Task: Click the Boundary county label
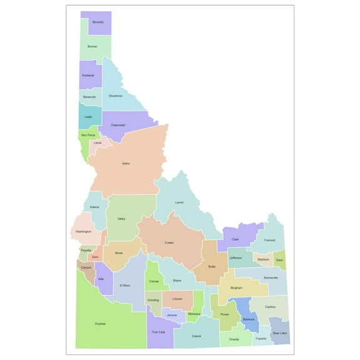[x=97, y=22]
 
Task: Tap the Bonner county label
[x=92, y=46]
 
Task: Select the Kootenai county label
[x=88, y=76]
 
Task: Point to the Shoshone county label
[x=116, y=96]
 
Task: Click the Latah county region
[x=88, y=116]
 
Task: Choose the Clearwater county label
[x=118, y=125]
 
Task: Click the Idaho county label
[x=126, y=164]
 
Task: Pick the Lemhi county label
[x=179, y=202]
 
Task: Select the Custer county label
[x=169, y=242]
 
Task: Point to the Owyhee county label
[x=101, y=323]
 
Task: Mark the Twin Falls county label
[x=159, y=332]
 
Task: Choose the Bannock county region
[x=249, y=319]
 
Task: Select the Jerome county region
[x=172, y=314]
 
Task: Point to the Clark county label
[x=235, y=239]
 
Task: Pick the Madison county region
[x=263, y=259]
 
